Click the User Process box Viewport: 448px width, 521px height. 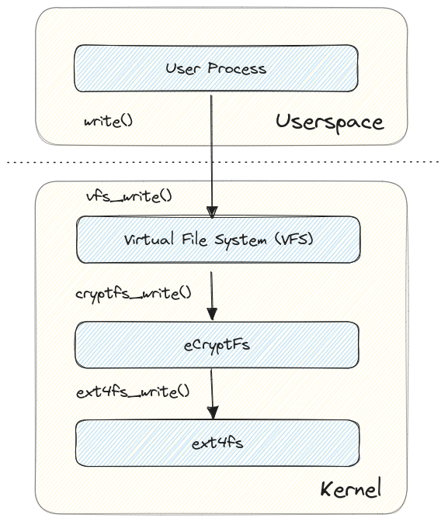pos(216,68)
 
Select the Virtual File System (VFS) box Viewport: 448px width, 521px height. pos(218,240)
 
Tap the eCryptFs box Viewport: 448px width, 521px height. pos(217,345)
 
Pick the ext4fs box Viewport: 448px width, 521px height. pos(217,443)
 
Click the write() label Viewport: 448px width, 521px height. pos(109,122)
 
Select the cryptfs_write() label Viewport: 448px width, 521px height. pos(133,294)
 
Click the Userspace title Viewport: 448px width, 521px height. pos(329,122)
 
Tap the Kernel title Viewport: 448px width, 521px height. pos(351,489)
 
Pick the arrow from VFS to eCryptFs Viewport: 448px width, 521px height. pos(212,295)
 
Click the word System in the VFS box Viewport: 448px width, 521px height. pos(237,240)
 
